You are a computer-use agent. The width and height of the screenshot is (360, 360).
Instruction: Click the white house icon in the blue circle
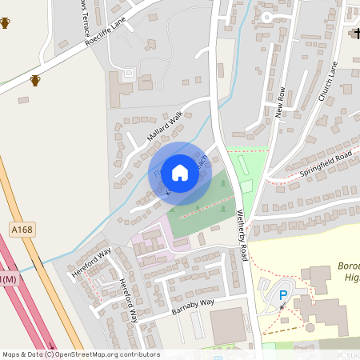point(180,172)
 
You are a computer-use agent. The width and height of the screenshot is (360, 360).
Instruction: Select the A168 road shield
point(22,230)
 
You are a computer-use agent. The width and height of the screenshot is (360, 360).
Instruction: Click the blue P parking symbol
point(283,296)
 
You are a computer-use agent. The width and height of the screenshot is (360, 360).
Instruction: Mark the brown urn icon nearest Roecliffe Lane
point(34,80)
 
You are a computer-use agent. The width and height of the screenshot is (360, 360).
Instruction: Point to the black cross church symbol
point(354,34)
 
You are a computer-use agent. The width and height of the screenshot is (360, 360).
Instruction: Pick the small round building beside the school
point(310,326)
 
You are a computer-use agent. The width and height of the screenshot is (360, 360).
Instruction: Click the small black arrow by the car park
point(282,307)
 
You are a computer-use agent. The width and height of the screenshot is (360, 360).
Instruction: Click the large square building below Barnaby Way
point(228,326)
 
